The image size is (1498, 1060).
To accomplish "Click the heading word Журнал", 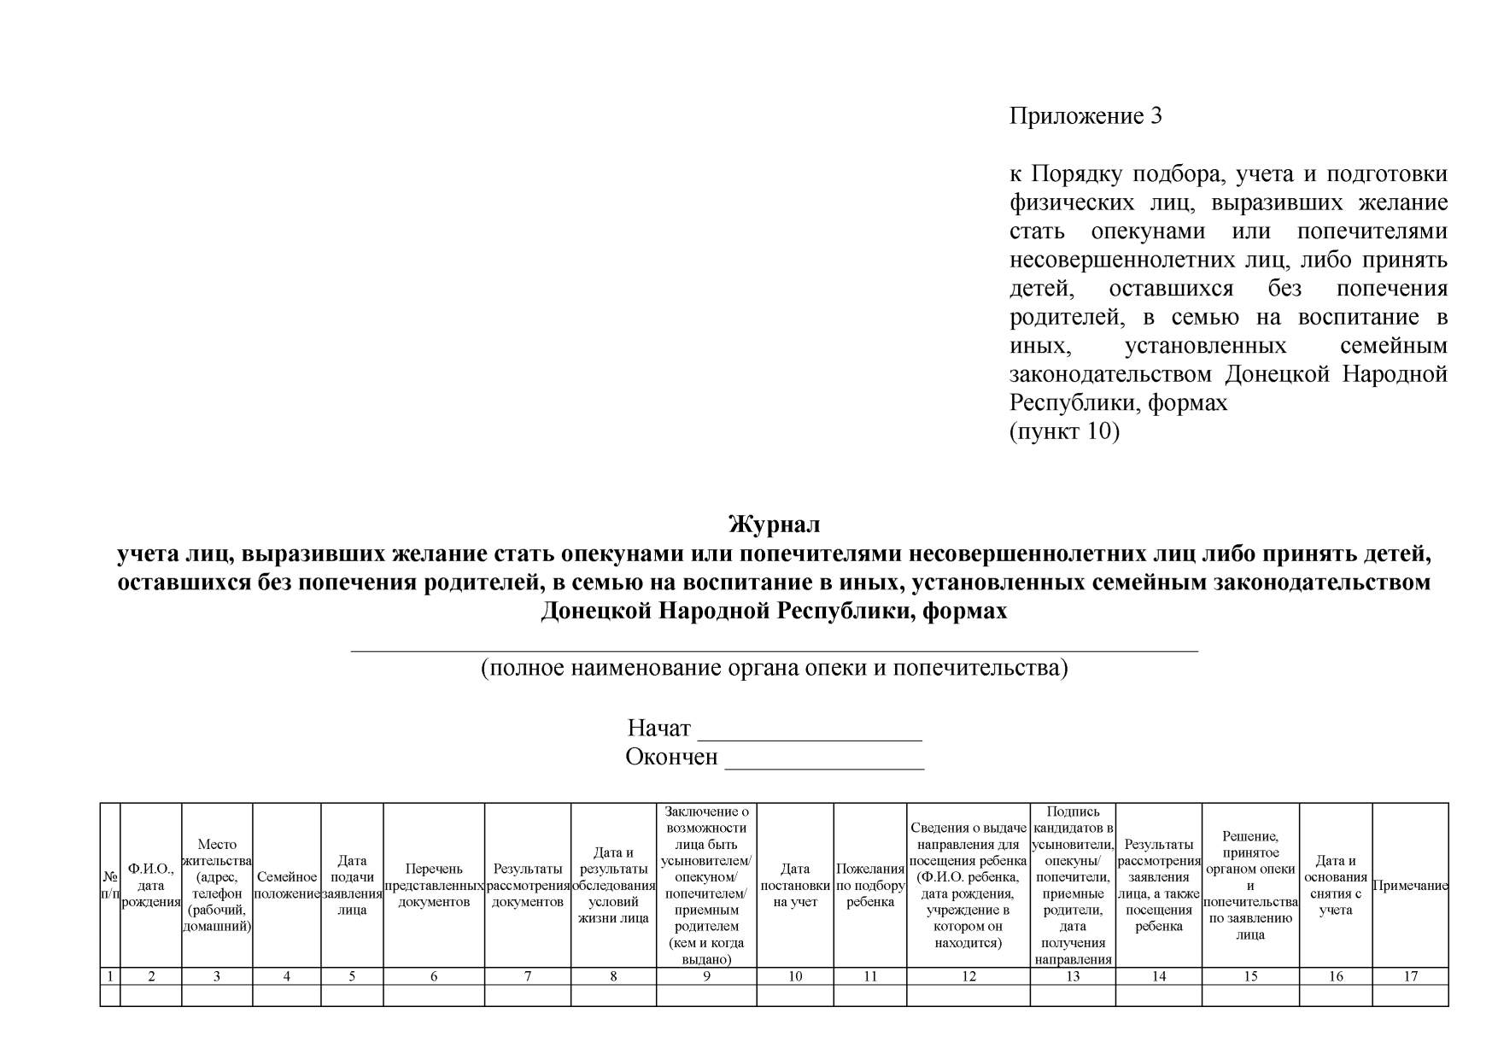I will [x=773, y=524].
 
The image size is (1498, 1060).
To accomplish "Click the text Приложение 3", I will [x=1085, y=116].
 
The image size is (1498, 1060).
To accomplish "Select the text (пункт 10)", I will [x=1063, y=431].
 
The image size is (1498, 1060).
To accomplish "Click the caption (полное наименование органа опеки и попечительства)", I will [x=774, y=667].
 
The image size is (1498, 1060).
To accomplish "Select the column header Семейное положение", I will [x=286, y=885].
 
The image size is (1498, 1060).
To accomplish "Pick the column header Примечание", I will [x=1409, y=886].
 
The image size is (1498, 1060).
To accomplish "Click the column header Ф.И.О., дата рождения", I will [x=150, y=885].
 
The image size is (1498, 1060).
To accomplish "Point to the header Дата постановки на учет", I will [x=794, y=885].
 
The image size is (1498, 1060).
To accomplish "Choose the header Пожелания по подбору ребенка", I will [x=869, y=885].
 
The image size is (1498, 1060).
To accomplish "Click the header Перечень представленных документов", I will [x=433, y=885].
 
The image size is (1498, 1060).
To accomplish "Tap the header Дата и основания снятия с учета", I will [x=1335, y=885].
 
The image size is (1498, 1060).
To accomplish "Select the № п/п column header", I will [x=110, y=885].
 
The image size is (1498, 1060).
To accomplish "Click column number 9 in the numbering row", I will [x=706, y=976].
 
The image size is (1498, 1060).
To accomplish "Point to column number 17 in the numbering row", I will [x=1410, y=976].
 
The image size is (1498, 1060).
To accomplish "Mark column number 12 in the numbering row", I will [x=968, y=976].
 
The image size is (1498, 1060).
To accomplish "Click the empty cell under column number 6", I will [x=433, y=995].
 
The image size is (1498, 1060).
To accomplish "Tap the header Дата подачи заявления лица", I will [x=351, y=885].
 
